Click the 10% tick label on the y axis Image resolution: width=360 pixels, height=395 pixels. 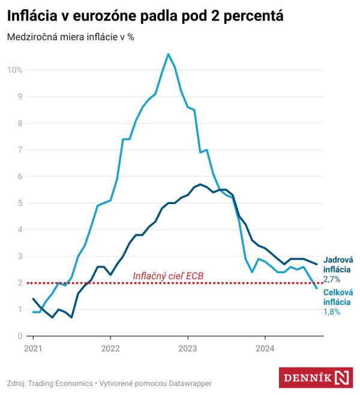pyautogui.click(x=14, y=70)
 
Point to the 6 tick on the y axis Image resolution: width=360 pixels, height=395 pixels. pyautogui.click(x=20, y=176)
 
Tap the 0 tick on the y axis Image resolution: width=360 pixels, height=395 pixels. pyautogui.click(x=20, y=336)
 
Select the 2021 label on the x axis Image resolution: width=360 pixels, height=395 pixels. pyautogui.click(x=33, y=348)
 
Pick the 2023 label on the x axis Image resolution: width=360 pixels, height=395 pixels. pyautogui.click(x=188, y=348)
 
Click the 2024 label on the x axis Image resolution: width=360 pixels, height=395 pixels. pyautogui.click(x=265, y=348)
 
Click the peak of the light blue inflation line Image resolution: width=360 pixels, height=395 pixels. pyautogui.click(x=168, y=54)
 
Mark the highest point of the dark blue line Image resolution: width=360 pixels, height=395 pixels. pyautogui.click(x=200, y=184)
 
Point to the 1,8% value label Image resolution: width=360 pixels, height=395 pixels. pyautogui.click(x=332, y=312)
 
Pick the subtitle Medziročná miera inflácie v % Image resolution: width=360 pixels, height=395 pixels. pyautogui.click(x=70, y=37)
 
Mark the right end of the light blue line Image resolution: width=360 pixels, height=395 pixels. pyautogui.click(x=317, y=288)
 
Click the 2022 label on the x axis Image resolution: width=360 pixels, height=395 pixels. pyautogui.click(x=110, y=348)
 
